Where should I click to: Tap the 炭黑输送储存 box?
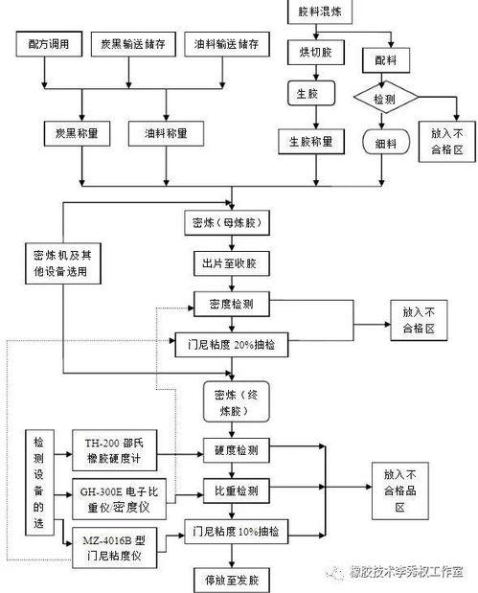click(132, 46)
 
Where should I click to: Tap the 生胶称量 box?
click(307, 142)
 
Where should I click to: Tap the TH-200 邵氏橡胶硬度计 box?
click(114, 449)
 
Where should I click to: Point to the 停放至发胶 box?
click(231, 579)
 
